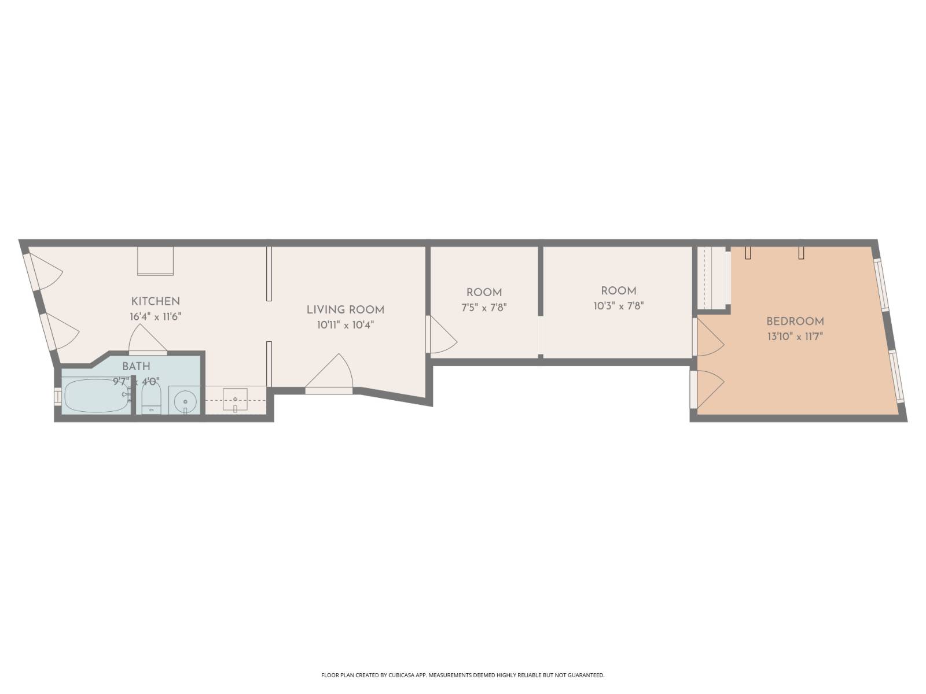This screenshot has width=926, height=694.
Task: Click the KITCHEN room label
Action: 155,301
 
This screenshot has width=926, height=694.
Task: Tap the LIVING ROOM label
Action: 345,310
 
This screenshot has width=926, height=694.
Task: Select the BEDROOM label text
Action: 795,322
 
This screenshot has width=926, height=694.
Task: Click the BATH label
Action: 136,367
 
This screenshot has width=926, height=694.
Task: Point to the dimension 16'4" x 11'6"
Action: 155,316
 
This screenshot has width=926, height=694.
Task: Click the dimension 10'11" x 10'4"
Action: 345,325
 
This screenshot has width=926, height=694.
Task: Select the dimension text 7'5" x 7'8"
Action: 484,308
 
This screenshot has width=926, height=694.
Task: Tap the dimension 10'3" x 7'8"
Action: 618,306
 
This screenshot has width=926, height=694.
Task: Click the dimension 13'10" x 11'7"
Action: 795,337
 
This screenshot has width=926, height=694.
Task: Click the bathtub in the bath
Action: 96,396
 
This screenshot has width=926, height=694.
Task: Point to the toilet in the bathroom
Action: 152,400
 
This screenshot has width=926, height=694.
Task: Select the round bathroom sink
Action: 185,400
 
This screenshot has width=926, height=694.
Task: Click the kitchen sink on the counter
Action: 235,400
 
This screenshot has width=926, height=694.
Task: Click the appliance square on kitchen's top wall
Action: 155,261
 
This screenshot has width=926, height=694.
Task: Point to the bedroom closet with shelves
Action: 712,279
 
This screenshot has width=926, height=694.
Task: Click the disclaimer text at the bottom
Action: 462,675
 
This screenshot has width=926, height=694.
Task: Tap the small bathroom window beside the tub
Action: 57,396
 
